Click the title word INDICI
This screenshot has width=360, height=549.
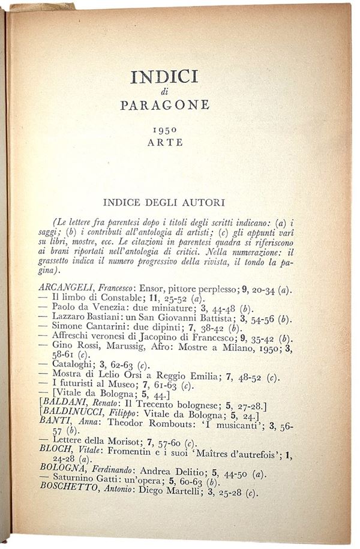click(164, 78)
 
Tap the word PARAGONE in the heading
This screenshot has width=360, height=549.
click(165, 105)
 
